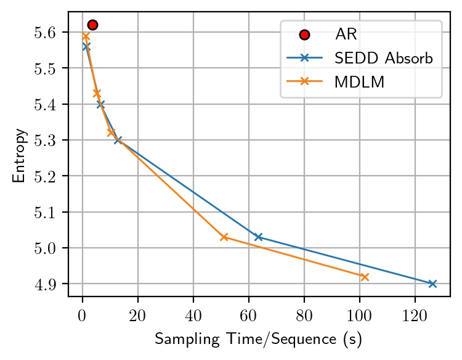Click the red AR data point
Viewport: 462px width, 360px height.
92,25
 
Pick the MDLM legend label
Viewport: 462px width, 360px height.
360,83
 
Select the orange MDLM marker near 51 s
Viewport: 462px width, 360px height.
224,237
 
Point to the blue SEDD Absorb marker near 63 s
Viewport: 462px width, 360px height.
258,237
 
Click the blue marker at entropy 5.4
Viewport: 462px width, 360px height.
100,104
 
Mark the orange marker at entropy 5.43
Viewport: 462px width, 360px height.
97,94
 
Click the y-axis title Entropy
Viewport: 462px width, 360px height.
20,155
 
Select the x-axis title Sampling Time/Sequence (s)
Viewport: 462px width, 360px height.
258,339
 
